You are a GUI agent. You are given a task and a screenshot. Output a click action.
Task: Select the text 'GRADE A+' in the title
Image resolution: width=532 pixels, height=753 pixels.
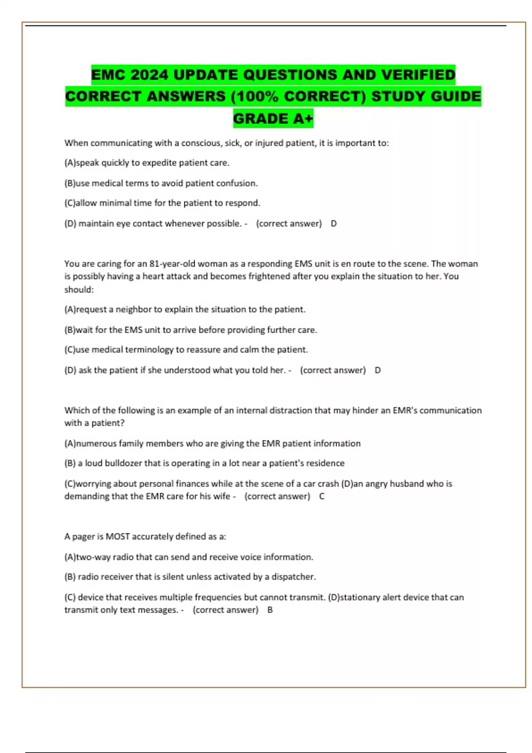[x=273, y=119]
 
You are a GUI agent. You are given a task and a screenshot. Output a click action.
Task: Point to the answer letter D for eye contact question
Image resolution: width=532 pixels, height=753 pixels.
[x=334, y=224]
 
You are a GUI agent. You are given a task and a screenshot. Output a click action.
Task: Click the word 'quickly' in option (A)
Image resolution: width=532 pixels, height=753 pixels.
[x=116, y=163]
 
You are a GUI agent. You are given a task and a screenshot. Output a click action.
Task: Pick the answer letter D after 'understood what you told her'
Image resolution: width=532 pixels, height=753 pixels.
[x=378, y=370]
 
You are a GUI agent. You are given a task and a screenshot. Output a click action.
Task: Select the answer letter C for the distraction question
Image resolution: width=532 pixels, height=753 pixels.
[x=322, y=497]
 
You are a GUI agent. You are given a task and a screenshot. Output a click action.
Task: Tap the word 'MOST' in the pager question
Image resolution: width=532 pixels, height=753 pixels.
[x=117, y=537]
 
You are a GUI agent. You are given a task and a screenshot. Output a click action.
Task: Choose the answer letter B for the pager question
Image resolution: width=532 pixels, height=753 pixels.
[x=270, y=610]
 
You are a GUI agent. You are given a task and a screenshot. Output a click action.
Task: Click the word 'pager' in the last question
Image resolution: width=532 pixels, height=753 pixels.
[x=83, y=537]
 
